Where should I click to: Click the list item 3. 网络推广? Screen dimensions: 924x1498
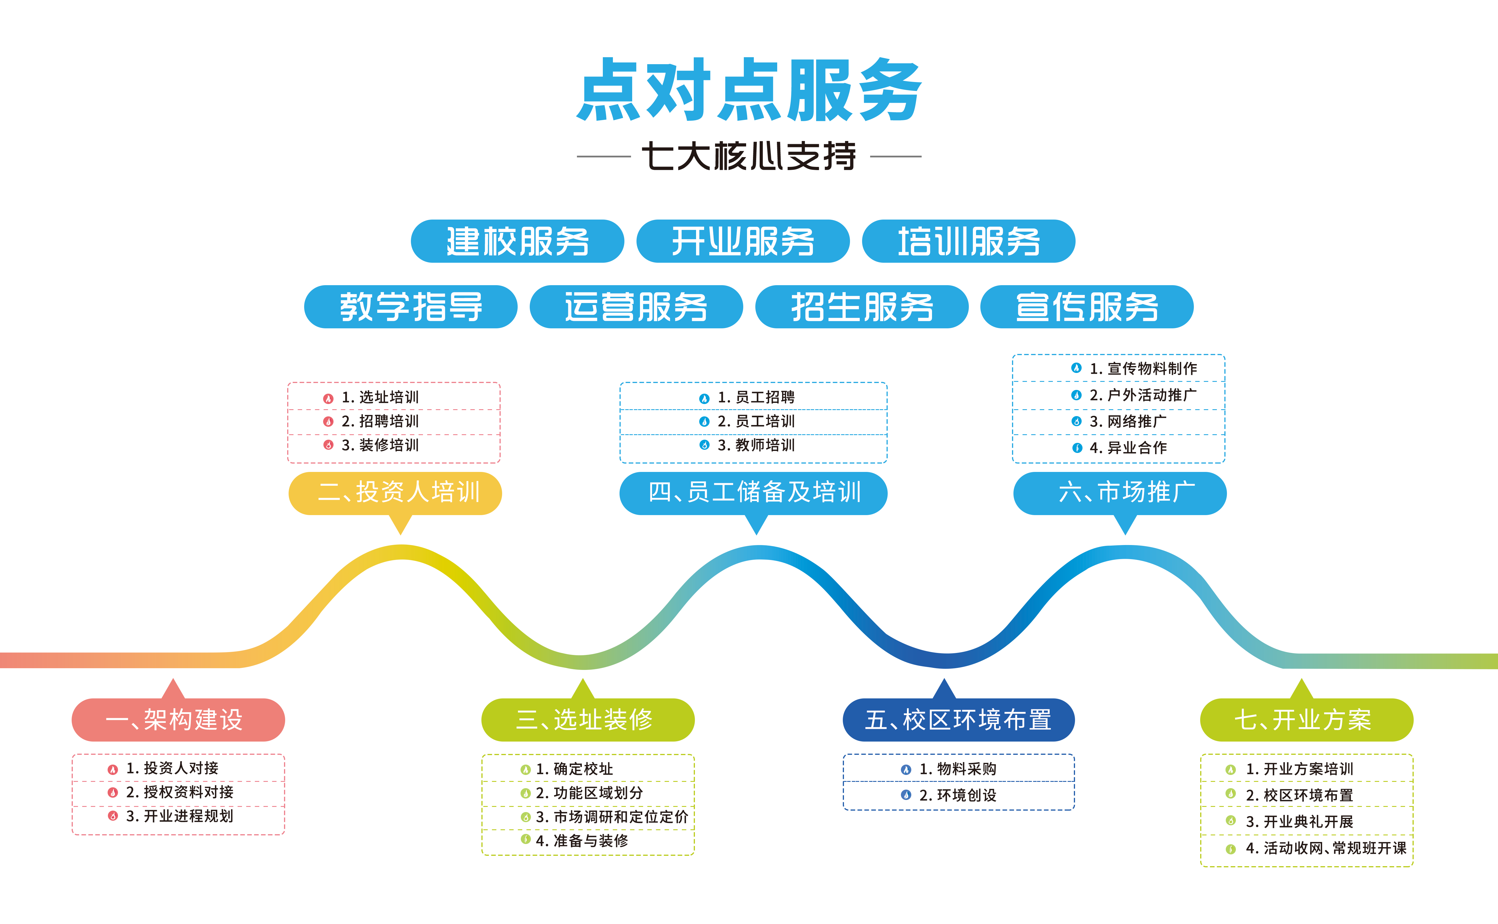1128,422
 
